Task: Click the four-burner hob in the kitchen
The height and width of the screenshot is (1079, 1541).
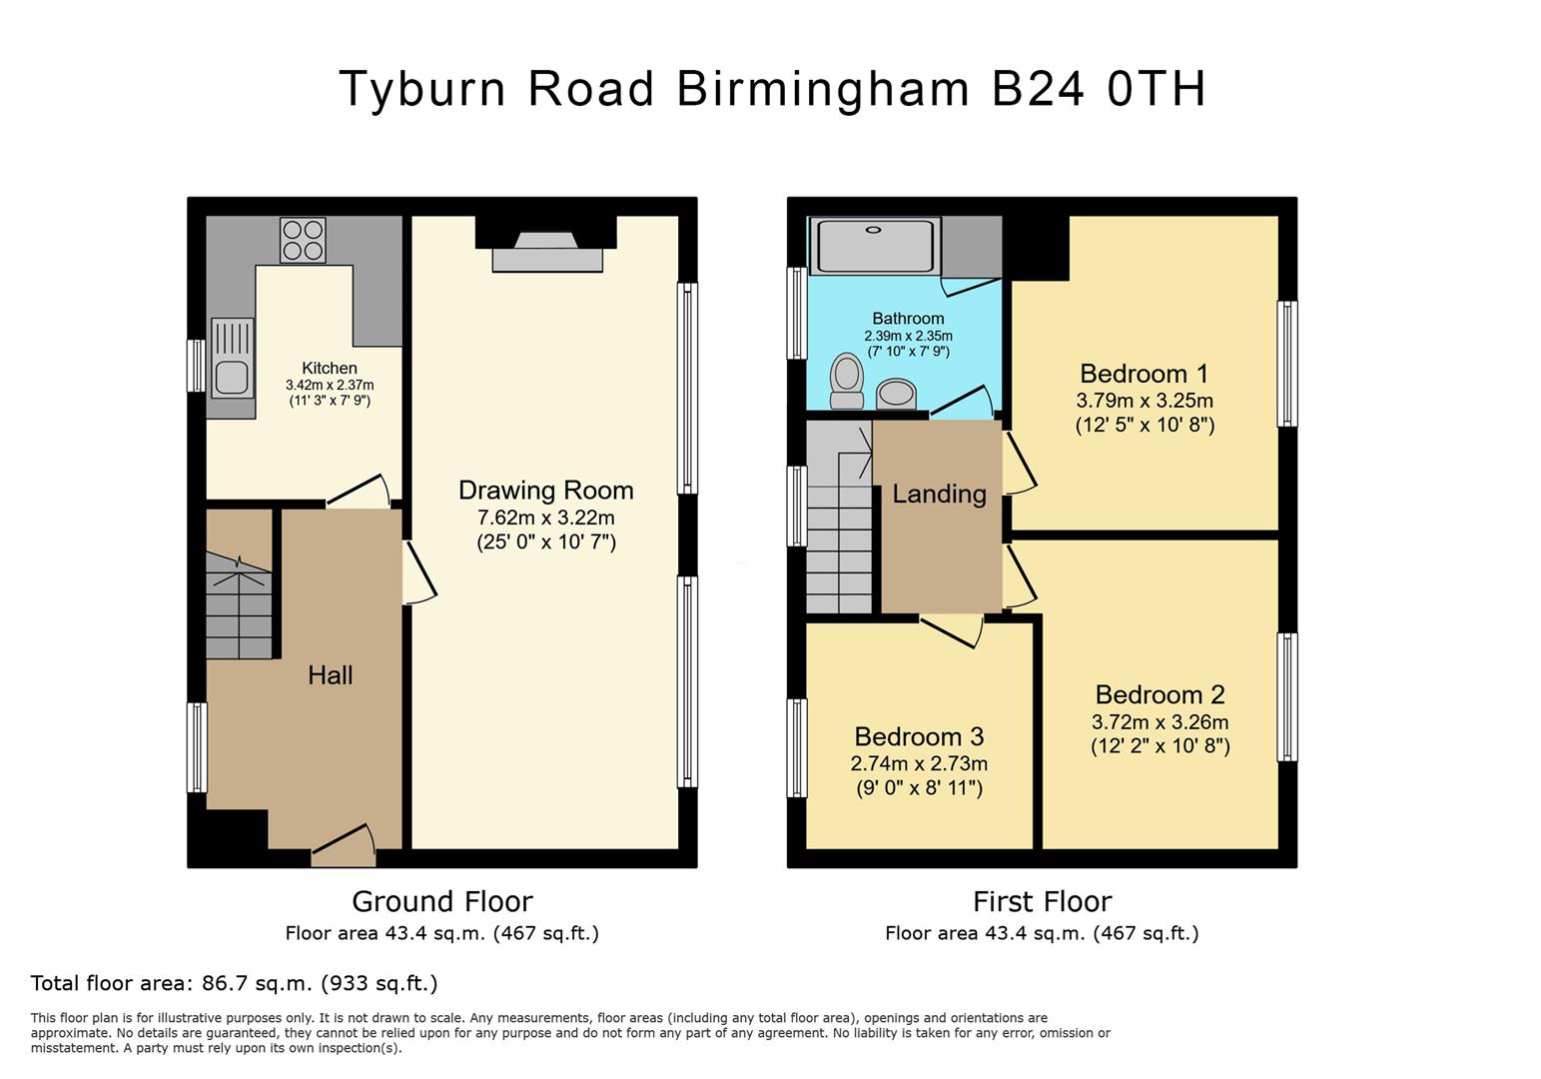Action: tap(303, 240)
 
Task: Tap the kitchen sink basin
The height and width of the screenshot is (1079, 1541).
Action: tap(233, 379)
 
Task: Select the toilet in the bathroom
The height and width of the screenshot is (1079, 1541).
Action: tap(847, 382)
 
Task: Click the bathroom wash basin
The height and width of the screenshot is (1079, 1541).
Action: tap(896, 394)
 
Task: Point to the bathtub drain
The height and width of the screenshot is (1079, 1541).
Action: tap(874, 230)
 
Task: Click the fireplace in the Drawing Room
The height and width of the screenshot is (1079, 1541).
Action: tap(547, 252)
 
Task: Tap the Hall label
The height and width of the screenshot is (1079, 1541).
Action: tap(331, 675)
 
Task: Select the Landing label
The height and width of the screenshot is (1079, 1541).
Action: tap(939, 495)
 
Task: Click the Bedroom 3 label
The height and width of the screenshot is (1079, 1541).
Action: tap(919, 737)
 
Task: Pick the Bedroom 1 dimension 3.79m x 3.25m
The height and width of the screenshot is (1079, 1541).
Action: tap(1145, 401)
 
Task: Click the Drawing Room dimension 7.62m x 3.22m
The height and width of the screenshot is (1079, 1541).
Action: tap(546, 518)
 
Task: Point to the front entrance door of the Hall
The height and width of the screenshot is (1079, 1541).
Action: tap(344, 846)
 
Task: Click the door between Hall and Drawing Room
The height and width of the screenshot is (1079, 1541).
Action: tap(419, 572)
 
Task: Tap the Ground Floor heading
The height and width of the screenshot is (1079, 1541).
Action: tap(442, 901)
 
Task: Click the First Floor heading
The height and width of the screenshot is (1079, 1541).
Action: tap(1043, 901)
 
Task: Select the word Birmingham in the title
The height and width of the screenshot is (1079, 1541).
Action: tap(823, 90)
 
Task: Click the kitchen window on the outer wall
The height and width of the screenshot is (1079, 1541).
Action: tap(197, 366)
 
